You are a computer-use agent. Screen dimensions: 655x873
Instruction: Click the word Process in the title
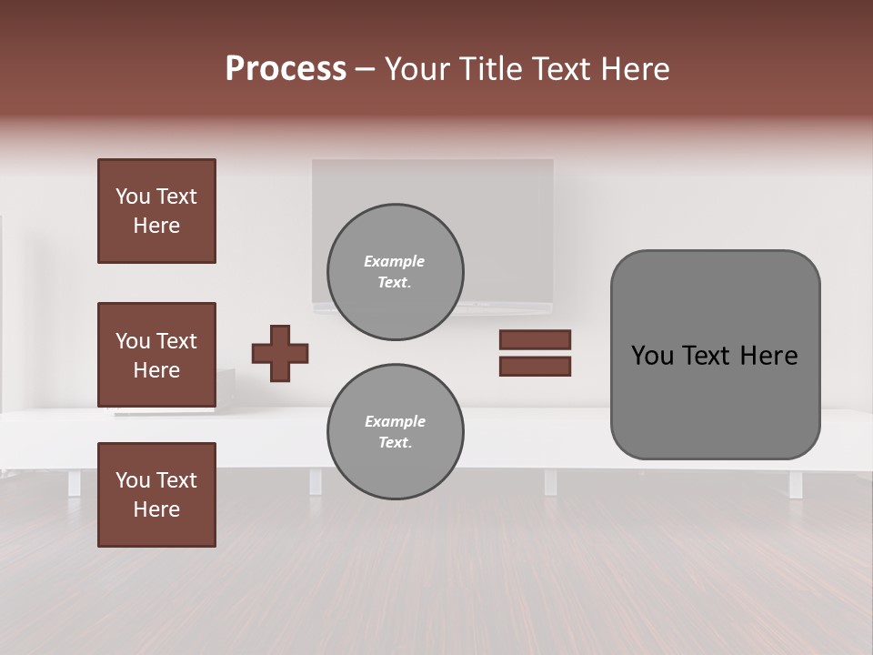click(x=286, y=69)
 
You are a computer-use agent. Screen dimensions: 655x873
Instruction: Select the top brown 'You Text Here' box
click(x=156, y=211)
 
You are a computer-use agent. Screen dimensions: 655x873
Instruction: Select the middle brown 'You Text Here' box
click(x=156, y=355)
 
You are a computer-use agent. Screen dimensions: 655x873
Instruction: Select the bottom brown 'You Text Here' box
click(x=156, y=495)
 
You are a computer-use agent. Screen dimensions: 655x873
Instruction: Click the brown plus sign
click(x=280, y=353)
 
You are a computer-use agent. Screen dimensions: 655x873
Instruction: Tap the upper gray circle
click(x=395, y=272)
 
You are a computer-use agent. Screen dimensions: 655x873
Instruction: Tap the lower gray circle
click(x=395, y=432)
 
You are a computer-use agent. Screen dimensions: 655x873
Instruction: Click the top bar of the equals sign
click(x=535, y=340)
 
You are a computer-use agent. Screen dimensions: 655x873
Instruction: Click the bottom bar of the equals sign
click(x=535, y=367)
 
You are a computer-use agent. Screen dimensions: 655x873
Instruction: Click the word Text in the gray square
click(x=711, y=356)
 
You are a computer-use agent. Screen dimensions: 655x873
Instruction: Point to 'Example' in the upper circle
click(x=395, y=261)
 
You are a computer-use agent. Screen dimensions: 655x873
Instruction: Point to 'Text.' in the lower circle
click(x=395, y=443)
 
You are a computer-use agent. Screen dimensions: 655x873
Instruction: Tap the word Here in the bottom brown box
click(x=156, y=509)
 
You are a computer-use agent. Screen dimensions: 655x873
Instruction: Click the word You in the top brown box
click(x=132, y=196)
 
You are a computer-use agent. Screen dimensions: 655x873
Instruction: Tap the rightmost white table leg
click(x=796, y=484)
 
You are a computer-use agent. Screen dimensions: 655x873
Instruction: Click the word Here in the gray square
click(x=768, y=356)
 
